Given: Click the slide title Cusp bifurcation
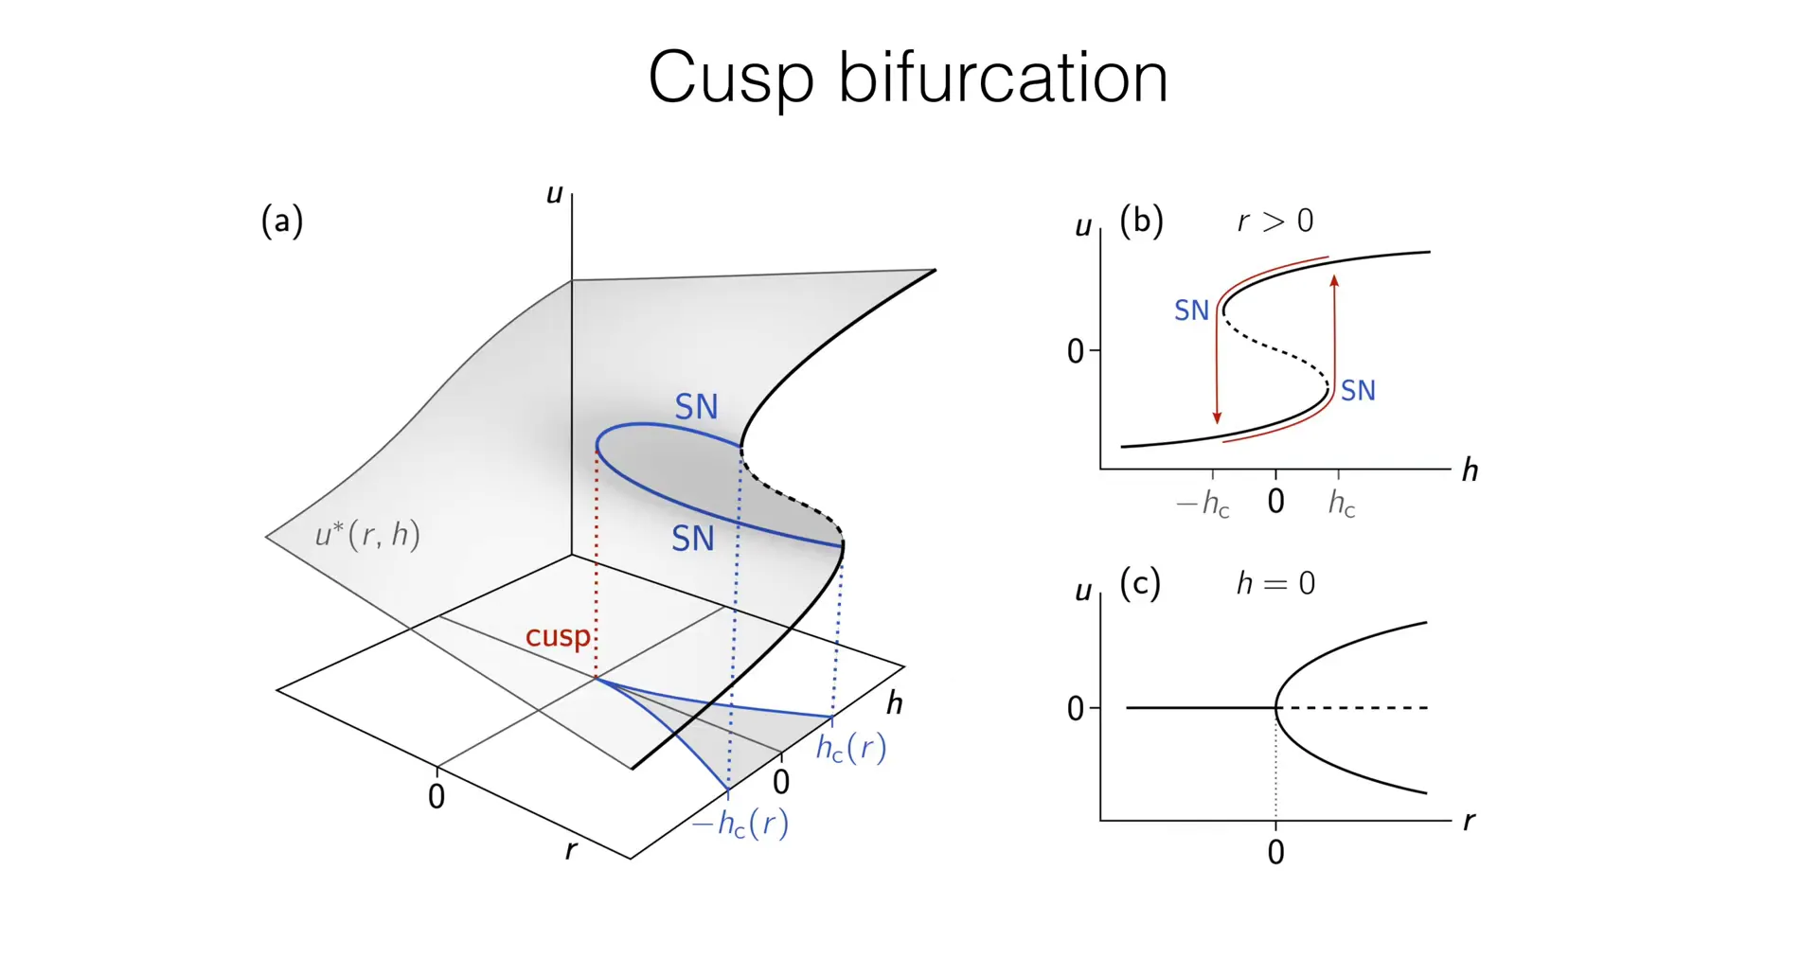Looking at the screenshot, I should click(x=907, y=78).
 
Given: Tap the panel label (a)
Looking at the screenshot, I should click(x=281, y=222).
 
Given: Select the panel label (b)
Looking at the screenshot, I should click(x=1141, y=221).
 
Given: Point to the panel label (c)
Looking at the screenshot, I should click(x=1139, y=583).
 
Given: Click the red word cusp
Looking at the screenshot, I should click(x=558, y=636).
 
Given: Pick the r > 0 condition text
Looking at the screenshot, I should click(x=1274, y=222).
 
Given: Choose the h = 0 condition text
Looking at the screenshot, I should click(x=1274, y=583).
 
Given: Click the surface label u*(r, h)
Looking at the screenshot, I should click(x=367, y=535).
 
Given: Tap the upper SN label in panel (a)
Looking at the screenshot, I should click(x=696, y=407).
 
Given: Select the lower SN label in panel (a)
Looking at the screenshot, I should click(x=692, y=539).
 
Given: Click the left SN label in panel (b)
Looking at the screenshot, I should click(x=1191, y=310).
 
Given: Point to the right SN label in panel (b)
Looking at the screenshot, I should click(x=1358, y=391).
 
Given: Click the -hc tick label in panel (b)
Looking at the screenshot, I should click(x=1203, y=504).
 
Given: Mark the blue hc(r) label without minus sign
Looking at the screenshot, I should click(x=850, y=748).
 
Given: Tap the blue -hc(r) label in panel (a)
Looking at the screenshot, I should click(x=740, y=824).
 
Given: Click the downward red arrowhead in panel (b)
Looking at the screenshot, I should click(x=1217, y=417).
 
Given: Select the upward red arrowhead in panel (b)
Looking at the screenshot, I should click(x=1334, y=281).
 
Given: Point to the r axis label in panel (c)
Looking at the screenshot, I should click(x=1469, y=821).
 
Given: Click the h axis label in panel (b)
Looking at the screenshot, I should click(x=1470, y=470).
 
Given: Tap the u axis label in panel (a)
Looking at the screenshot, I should click(x=555, y=194).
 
